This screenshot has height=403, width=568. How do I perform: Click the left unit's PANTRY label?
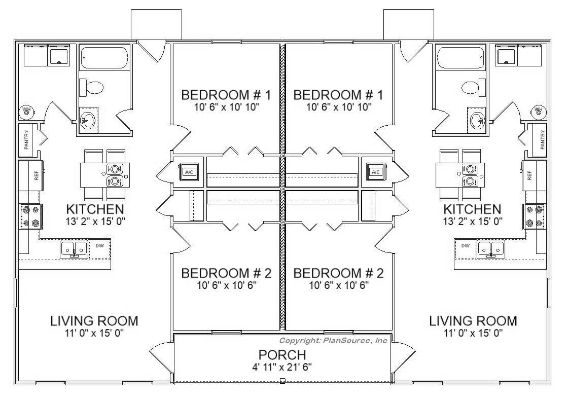26,140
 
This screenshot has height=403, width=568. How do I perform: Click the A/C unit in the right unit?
376,172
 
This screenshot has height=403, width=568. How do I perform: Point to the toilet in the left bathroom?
91,87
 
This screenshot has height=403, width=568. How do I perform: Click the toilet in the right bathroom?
474,87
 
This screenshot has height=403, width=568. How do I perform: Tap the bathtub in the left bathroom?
104,57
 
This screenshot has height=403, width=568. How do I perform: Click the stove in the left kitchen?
31,216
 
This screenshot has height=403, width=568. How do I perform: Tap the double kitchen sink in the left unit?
74,249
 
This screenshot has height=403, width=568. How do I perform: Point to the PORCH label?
282,354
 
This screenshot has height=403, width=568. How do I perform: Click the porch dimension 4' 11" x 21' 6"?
282,367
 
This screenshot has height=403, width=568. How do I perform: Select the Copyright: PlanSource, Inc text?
333,340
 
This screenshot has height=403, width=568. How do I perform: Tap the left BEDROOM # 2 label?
226,273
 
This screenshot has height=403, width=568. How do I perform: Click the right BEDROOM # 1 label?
338,95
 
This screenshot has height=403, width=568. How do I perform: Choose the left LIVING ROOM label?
94,321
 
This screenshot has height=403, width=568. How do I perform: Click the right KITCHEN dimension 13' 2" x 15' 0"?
472,221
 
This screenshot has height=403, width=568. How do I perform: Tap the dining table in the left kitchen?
105,174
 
